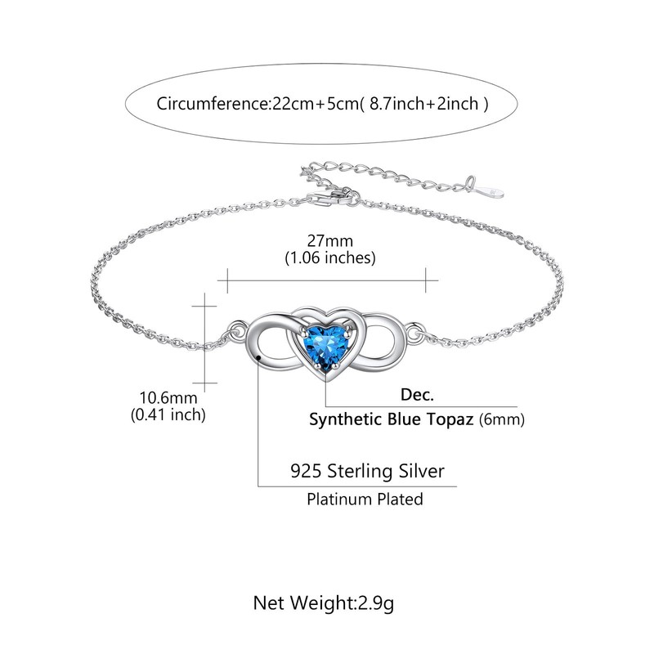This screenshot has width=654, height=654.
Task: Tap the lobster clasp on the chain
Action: coord(334,197)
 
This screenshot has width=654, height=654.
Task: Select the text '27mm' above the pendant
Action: coord(329,241)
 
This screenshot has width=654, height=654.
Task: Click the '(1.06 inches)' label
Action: coord(329,258)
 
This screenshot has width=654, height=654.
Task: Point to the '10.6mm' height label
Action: coord(168,397)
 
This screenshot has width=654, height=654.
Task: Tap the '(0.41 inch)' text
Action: coord(168,414)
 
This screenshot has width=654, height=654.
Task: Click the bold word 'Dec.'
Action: coord(417,394)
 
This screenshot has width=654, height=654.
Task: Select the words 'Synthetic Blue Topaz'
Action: coord(392,419)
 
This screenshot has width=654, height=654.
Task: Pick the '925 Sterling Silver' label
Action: coord(368,471)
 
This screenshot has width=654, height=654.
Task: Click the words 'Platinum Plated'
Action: coord(365,498)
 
